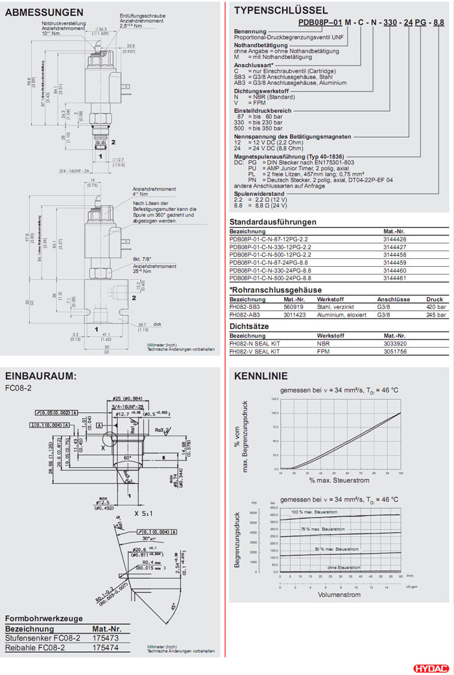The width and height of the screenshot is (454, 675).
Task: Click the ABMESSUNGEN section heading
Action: point(44,12)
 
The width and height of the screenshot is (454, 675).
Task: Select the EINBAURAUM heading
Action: point(41,376)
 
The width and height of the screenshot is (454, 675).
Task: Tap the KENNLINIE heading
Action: point(260,376)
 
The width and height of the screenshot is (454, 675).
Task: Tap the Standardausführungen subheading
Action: point(273,222)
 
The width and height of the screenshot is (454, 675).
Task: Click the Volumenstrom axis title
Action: point(339,594)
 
